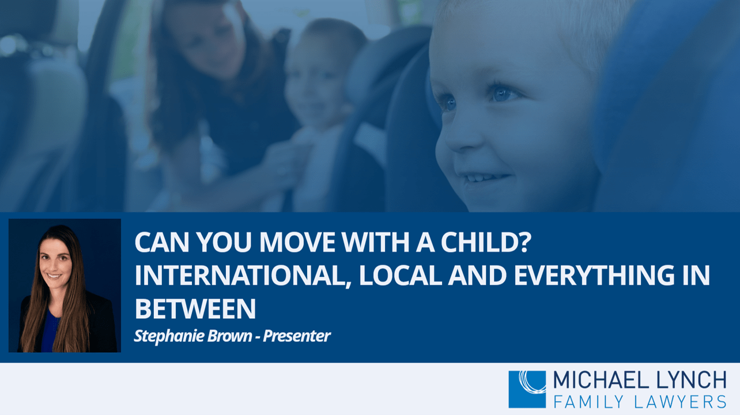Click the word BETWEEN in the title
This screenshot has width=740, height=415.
tap(195, 309)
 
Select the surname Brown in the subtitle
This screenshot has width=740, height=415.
tap(229, 336)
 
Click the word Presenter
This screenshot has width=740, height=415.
tap(296, 336)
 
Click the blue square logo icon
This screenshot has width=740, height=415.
tap(527, 389)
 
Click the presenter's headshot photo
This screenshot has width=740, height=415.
tap(65, 285)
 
